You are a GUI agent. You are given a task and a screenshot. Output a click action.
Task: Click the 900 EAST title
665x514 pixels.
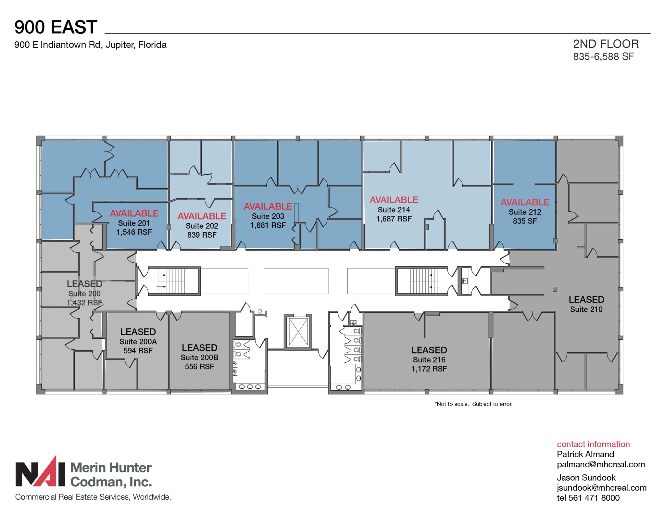56,27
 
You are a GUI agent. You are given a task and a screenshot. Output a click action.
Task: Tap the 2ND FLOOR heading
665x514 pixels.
606,44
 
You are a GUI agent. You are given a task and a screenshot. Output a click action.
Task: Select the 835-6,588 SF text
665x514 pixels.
603,56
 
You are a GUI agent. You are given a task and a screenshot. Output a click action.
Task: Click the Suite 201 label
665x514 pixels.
134,223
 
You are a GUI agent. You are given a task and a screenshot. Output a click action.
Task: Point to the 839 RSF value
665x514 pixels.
202,235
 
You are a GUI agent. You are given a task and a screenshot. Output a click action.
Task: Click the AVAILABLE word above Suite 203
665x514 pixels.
268,207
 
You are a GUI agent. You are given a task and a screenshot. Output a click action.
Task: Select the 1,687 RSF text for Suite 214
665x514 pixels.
394,219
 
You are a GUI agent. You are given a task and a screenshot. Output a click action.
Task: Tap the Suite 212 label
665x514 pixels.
525,212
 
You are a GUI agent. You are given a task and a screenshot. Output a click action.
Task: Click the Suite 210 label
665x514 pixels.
586,309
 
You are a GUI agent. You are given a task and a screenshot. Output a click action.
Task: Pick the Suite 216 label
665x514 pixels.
429,360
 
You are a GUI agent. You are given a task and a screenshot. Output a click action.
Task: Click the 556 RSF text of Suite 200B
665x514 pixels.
199,367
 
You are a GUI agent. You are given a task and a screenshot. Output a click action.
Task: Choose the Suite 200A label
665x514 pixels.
138,342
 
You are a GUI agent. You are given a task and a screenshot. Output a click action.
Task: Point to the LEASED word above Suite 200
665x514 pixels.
84,284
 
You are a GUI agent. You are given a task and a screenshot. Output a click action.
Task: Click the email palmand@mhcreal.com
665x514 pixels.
601,464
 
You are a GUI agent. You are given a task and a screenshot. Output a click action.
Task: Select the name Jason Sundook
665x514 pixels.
586,478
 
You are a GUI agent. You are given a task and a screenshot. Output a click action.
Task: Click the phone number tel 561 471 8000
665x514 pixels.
588,498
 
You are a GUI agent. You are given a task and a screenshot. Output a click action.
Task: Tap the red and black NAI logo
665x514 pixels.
40,472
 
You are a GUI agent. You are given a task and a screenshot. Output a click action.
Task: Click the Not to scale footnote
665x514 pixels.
473,404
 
